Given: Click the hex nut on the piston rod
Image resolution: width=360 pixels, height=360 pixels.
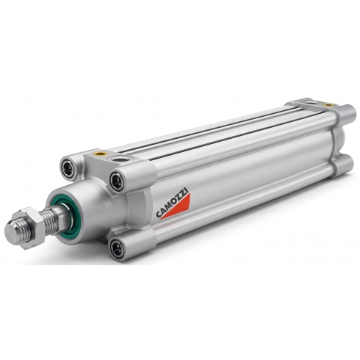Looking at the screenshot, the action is click(x=31, y=228).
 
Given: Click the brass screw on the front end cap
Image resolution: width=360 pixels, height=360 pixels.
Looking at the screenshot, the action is click(x=101, y=154).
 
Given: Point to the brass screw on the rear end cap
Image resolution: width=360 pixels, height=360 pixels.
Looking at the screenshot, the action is click(x=327, y=105).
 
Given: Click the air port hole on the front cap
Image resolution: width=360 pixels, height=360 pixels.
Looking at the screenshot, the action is click(x=120, y=159).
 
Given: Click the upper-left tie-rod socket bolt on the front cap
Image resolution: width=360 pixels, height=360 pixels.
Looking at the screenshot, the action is click(x=68, y=168).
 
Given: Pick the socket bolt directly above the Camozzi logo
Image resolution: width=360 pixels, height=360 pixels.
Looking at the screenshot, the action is click(x=117, y=181).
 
